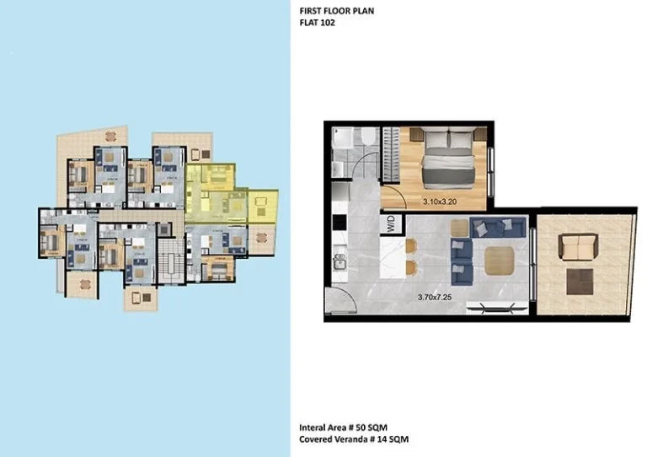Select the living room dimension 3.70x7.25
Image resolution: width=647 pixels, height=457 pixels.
click(x=436, y=297)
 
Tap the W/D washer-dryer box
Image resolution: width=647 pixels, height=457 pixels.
click(x=391, y=223)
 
